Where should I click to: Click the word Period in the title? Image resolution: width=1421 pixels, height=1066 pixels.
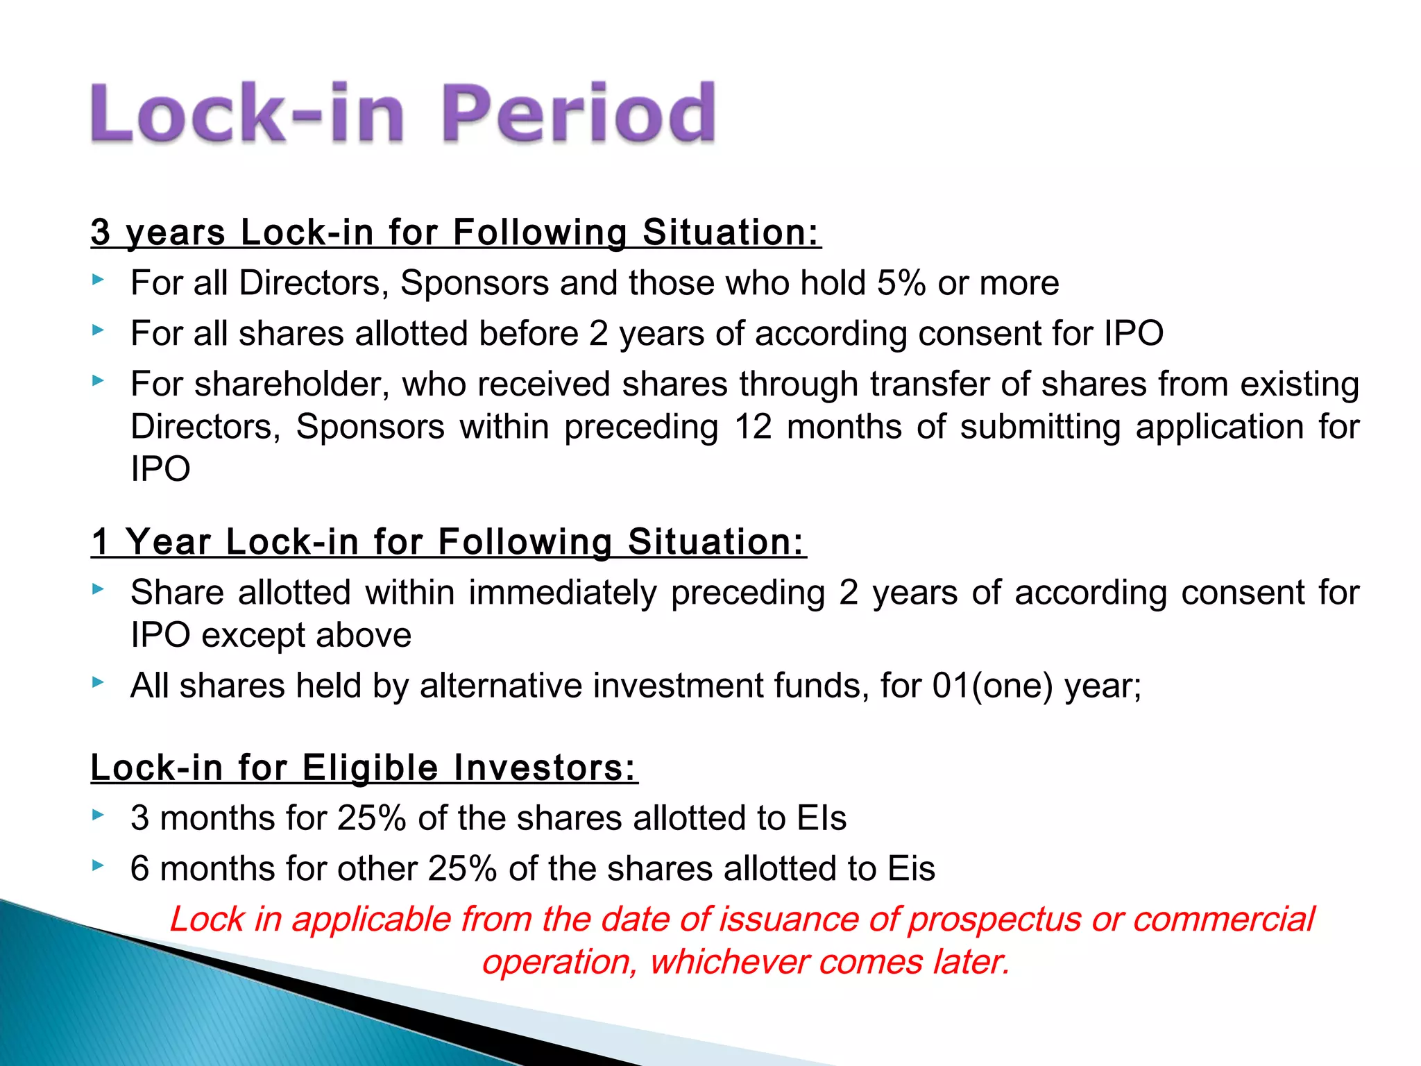577,113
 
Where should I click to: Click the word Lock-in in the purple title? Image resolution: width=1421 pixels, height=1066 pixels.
247,113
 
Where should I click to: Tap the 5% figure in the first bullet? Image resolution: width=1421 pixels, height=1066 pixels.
901,283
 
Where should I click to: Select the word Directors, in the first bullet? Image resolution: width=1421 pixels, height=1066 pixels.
314,283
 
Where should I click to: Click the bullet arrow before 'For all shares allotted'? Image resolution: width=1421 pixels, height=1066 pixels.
98,330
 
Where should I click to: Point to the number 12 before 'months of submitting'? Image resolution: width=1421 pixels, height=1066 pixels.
753,426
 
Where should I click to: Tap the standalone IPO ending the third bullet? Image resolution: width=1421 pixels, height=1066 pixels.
160,469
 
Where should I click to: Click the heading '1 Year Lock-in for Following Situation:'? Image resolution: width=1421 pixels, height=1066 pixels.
448,542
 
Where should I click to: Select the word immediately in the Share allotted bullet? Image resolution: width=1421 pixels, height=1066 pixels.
562,593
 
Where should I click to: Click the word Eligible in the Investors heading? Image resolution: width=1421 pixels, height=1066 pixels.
370,768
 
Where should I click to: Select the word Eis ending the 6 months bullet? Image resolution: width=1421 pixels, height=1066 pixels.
911,869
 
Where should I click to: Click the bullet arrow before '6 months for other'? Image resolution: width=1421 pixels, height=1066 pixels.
98,865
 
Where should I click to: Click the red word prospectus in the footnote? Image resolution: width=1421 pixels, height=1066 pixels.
994,920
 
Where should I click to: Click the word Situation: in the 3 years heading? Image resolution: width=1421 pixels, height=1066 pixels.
731,232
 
